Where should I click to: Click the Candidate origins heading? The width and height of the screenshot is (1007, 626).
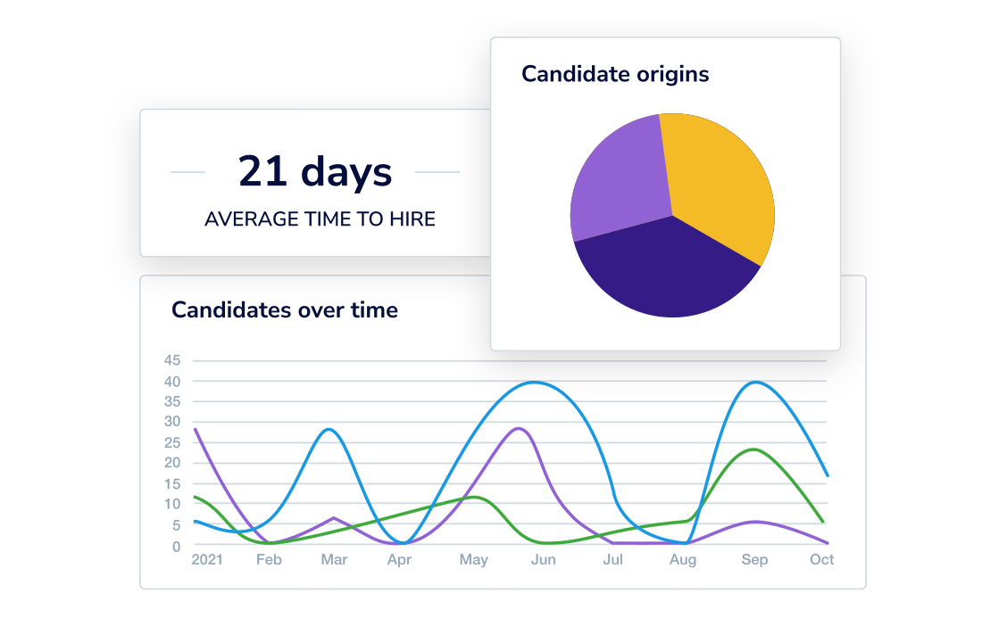click(615, 74)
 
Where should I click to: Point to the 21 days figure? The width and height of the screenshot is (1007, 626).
click(315, 171)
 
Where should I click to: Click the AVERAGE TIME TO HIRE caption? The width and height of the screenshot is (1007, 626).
click(320, 218)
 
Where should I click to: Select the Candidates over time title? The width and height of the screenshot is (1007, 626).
click(285, 309)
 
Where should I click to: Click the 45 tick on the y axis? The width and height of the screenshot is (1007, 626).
click(172, 361)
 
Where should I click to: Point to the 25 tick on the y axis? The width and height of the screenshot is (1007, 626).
click(172, 442)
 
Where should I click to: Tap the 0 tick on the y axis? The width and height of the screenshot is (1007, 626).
click(176, 546)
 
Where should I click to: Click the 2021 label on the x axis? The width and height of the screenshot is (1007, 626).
click(207, 560)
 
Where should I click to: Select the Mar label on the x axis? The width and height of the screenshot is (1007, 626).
click(334, 560)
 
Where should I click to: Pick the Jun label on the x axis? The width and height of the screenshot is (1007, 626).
click(543, 560)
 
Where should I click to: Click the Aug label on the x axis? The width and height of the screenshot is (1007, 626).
click(683, 560)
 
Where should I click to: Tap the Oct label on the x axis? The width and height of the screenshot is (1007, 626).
click(821, 560)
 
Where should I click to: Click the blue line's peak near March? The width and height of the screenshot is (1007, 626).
click(330, 430)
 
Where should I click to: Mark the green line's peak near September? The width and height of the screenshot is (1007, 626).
click(755, 449)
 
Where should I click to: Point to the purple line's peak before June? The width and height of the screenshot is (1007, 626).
click(517, 429)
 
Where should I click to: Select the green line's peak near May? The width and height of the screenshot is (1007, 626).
click(474, 498)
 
